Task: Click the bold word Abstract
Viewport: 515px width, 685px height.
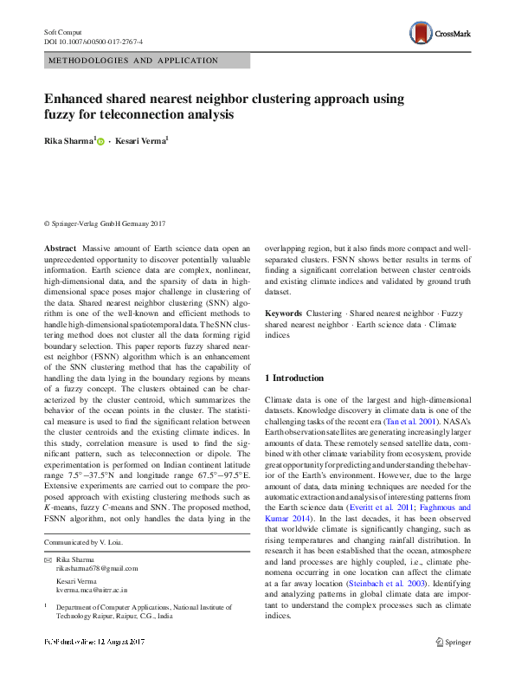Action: click(x=66, y=249)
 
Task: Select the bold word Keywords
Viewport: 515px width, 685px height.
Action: click(x=283, y=313)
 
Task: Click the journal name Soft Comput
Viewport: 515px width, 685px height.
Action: click(x=63, y=31)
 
